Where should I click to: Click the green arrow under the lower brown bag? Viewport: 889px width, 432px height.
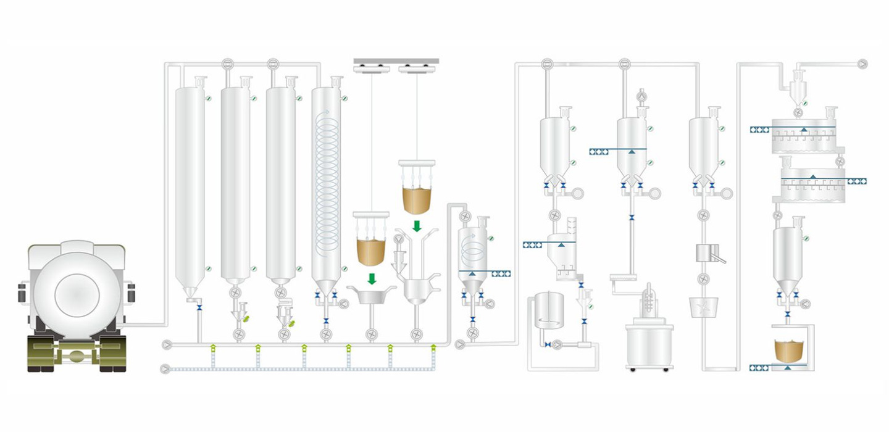pos(371,278)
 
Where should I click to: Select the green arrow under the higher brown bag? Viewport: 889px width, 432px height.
pos(417,226)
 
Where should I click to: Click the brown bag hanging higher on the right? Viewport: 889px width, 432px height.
pos(417,199)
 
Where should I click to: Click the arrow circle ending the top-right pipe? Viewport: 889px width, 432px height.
pos(862,64)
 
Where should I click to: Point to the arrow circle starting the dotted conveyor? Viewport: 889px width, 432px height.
pos(164,369)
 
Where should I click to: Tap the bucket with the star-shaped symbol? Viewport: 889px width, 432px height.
pos(703,307)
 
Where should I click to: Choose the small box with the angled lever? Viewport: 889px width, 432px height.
pos(705,252)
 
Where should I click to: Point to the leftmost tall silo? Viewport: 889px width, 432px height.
pos(190,185)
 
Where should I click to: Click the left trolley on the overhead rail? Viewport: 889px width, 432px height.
pos(371,68)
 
